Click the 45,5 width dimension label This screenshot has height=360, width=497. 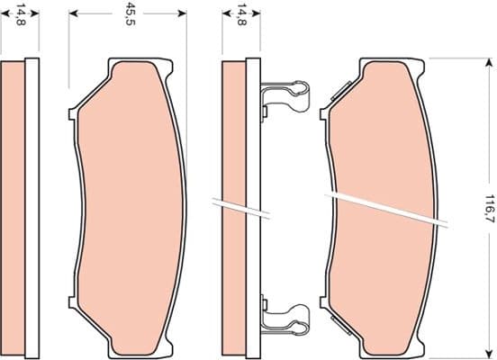tap(131, 15)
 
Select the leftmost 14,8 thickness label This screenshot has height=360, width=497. tap(12, 15)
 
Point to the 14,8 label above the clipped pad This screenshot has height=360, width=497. tap(241, 15)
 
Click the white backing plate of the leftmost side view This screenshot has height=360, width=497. tap(32, 206)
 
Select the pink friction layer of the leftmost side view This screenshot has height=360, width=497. tap(14, 206)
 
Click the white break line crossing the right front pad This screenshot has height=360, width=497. tap(387, 207)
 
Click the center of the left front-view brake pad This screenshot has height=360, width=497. tap(132, 206)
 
